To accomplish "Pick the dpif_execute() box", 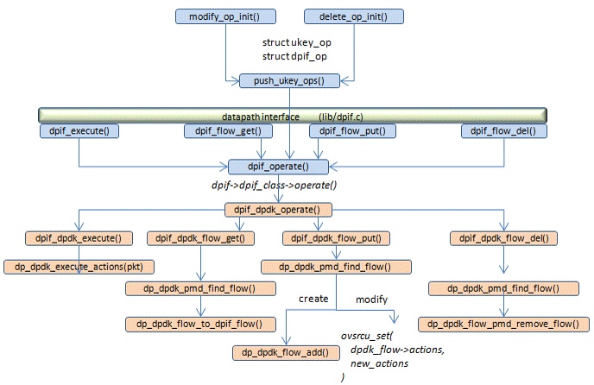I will [79, 131].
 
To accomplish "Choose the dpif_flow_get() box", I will [229, 131].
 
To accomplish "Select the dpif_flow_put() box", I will [352, 131].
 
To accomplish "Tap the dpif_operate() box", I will [279, 166].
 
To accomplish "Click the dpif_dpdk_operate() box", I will [278, 210].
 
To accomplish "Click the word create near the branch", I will [313, 299].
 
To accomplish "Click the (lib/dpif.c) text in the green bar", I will [353, 116].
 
